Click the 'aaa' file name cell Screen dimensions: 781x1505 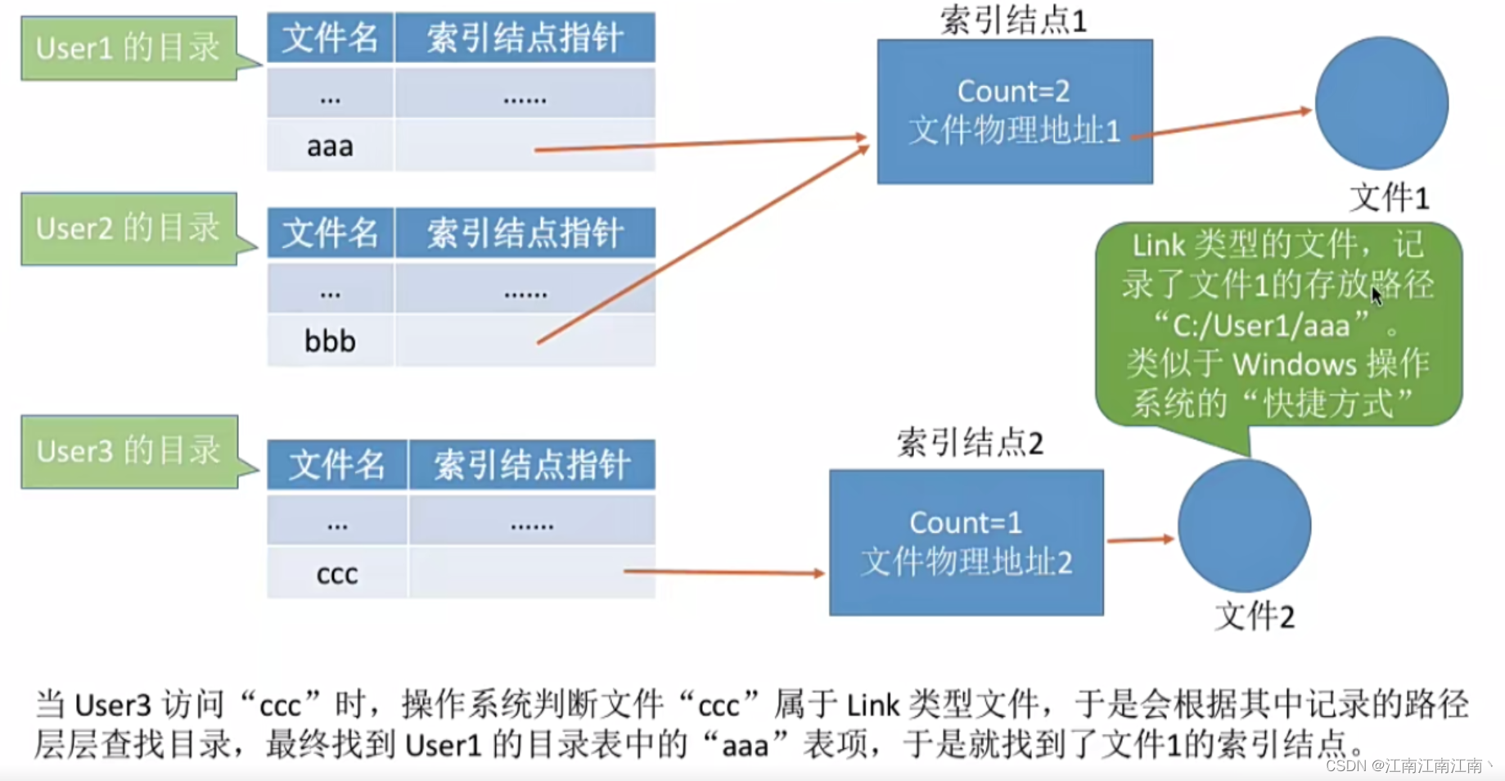pyautogui.click(x=330, y=147)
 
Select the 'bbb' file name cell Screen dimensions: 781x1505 pyautogui.click(x=330, y=341)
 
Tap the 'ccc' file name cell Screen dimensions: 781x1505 pyautogui.click(x=336, y=573)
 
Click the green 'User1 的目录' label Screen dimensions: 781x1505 pyautogui.click(x=128, y=48)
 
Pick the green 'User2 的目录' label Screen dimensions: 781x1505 pyautogui.click(x=128, y=228)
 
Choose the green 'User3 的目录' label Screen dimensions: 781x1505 pyautogui.click(x=128, y=451)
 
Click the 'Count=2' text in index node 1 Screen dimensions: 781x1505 pyautogui.click(x=1013, y=92)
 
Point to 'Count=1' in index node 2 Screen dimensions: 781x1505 pyautogui.click(x=965, y=523)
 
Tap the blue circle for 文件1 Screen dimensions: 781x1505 pyautogui.click(x=1381, y=103)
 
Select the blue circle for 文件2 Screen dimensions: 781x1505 pyautogui.click(x=1244, y=526)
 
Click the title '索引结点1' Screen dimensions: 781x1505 pyautogui.click(x=1013, y=20)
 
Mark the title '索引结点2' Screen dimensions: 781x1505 pyautogui.click(x=970, y=443)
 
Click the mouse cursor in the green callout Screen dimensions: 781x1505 pyautogui.click(x=1377, y=296)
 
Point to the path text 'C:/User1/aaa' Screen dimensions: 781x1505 pyautogui.click(x=1260, y=327)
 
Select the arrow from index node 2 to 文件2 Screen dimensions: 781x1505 pyautogui.click(x=1140, y=539)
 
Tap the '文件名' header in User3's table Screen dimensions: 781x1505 pyautogui.click(x=336, y=465)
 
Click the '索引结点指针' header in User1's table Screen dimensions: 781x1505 pyautogui.click(x=525, y=38)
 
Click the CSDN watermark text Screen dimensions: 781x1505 pyautogui.click(x=1408, y=765)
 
